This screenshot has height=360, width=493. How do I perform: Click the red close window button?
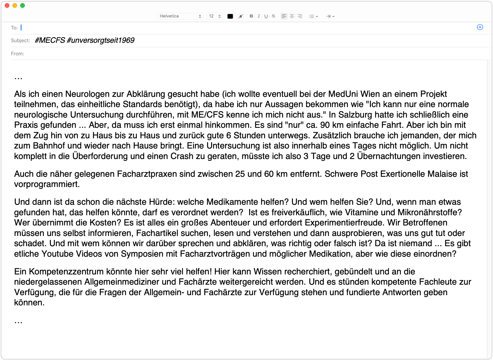(x=7, y=6)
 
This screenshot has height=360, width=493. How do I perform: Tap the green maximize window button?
(x=23, y=6)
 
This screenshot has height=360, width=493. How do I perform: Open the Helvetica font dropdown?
(x=180, y=16)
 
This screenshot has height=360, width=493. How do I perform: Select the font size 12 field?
(x=215, y=16)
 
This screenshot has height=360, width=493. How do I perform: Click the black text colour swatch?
(x=230, y=16)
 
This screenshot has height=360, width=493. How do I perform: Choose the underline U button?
(x=266, y=16)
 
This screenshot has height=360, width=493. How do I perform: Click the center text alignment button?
(x=292, y=16)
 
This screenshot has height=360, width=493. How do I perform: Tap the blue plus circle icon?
(x=480, y=27)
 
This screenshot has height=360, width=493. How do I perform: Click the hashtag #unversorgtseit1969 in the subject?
(x=100, y=40)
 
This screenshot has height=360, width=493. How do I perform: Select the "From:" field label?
(x=17, y=54)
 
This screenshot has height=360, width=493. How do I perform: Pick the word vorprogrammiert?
(x=47, y=184)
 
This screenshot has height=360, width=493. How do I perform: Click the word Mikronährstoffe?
(x=430, y=212)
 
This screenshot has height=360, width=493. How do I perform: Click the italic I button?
(x=259, y=16)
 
